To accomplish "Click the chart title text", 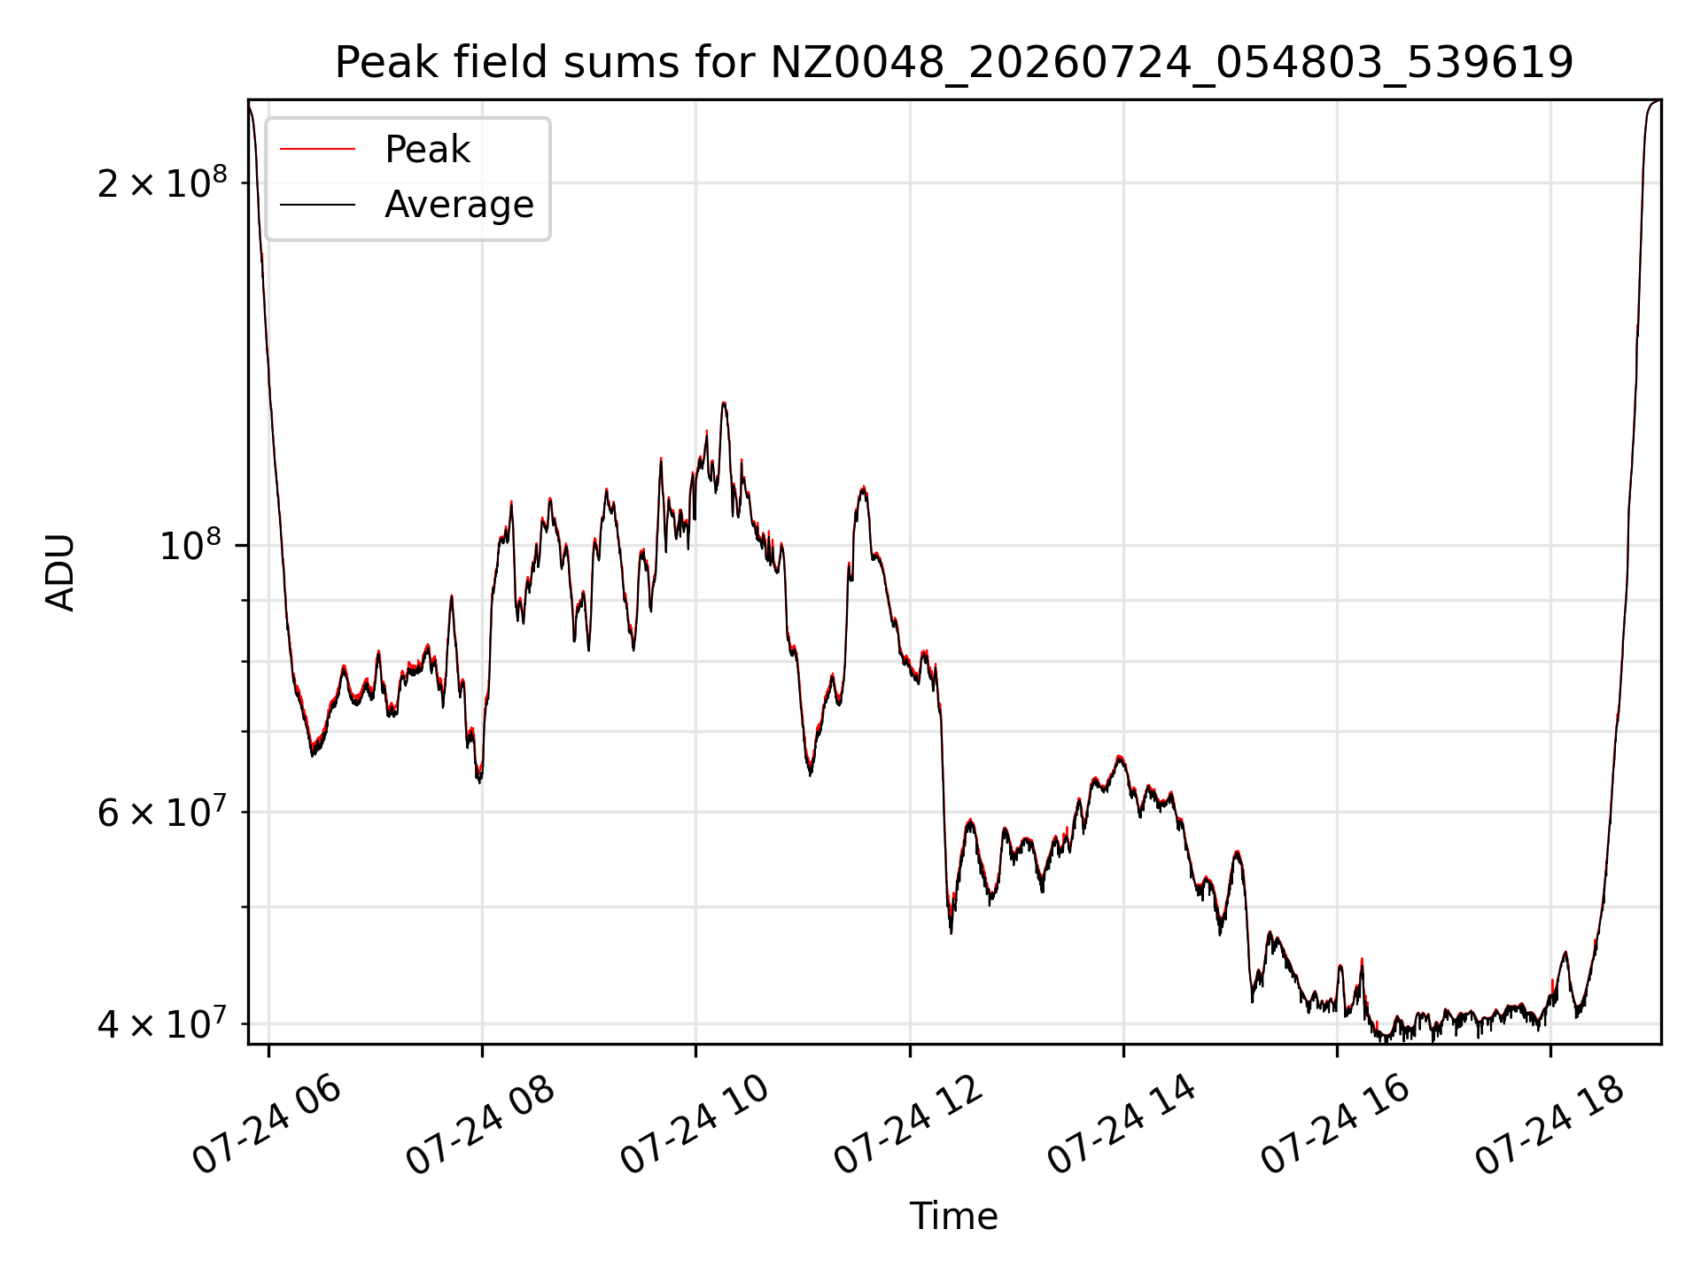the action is (954, 63).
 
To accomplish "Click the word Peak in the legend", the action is (427, 150).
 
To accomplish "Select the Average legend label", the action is (459, 205).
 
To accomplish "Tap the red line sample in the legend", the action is (317, 150).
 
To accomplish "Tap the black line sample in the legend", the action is (317, 205).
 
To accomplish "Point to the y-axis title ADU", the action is (60, 572).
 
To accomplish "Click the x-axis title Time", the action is (954, 1217).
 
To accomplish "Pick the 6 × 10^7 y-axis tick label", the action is (162, 811).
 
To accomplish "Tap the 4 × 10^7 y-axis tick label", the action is (162, 1023).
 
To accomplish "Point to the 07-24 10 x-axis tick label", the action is (695, 1125).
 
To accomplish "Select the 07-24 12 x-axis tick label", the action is (909, 1125).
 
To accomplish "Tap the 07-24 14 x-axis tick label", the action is (1122, 1125).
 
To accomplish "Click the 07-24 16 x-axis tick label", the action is (1336, 1125).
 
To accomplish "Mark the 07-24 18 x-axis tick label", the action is (1550, 1125).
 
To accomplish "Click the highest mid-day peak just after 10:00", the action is (724, 403).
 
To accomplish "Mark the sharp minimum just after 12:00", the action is (951, 932).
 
